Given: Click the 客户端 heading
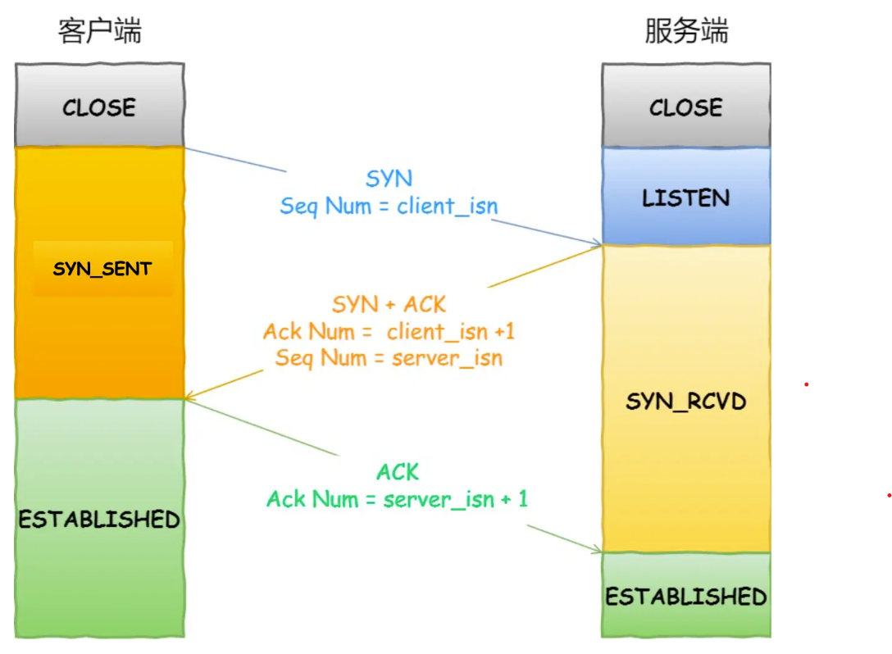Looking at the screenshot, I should (100, 32).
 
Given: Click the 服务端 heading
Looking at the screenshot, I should (686, 32).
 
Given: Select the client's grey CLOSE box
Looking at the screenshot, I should (99, 107).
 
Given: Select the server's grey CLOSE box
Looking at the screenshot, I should (686, 107).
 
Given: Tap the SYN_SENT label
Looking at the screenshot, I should (102, 269).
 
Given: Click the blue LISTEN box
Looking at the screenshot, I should (686, 198).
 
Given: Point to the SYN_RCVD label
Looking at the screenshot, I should (686, 402).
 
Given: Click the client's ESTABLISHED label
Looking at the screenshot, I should (99, 519).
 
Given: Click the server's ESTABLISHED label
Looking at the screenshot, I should (686, 596).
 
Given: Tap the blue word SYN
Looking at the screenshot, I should (389, 179).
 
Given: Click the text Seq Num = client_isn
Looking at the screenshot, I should (389, 206).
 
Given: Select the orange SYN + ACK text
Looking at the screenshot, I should (389, 305).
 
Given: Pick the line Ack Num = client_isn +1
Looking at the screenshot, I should (389, 332).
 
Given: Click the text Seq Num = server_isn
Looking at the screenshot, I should (389, 358).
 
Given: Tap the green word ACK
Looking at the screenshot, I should (398, 472).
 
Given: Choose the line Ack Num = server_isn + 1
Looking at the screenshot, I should (398, 499).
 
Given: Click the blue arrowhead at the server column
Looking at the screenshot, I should (598, 243).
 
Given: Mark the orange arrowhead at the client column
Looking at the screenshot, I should (189, 397).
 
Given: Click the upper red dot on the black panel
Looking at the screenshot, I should (807, 384).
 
